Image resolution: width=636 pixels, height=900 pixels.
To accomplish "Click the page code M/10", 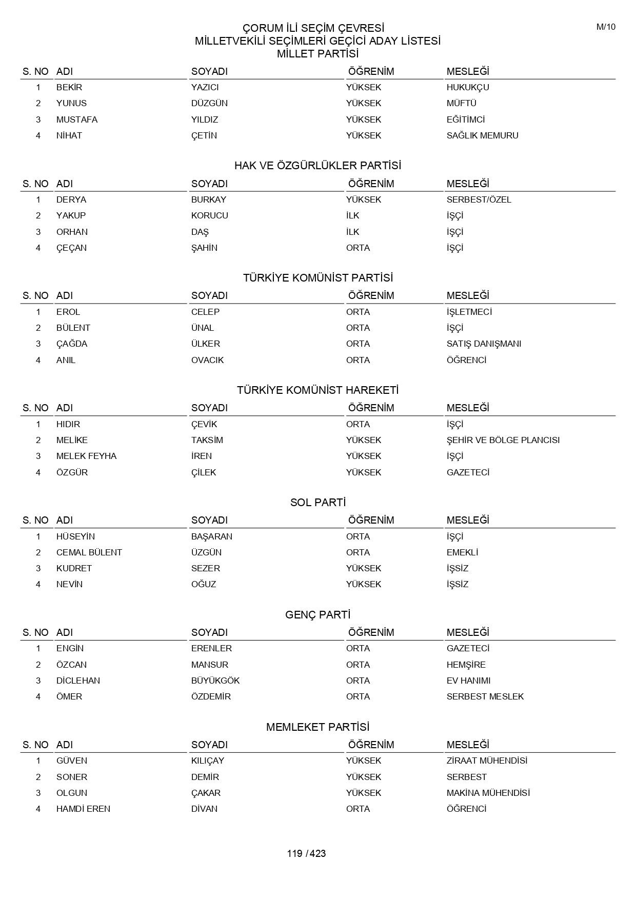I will [x=606, y=27].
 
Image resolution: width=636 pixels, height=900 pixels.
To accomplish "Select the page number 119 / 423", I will [x=306, y=853].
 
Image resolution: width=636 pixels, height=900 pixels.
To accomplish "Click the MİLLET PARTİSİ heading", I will [x=317, y=54].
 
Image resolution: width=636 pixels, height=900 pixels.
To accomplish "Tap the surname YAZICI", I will [x=205, y=87].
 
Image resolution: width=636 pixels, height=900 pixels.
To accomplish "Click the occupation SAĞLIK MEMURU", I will [x=482, y=135].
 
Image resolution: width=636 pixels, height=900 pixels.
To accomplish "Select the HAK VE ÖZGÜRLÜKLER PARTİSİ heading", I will [x=317, y=166].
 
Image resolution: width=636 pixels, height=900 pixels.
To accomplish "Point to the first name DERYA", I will [x=71, y=199].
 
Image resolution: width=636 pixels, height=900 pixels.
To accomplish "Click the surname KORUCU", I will [x=209, y=215].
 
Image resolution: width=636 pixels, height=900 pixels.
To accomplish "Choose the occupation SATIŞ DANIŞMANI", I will [x=484, y=344].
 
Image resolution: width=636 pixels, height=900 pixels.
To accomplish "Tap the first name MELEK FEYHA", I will [x=86, y=456].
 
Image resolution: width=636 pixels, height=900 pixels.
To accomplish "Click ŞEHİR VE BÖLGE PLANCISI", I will [x=503, y=440].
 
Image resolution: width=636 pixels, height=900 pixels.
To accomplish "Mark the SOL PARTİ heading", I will [x=317, y=503].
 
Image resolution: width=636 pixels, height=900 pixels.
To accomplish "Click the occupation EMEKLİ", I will [x=462, y=552].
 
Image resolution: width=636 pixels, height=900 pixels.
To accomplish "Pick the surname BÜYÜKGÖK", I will [x=215, y=681].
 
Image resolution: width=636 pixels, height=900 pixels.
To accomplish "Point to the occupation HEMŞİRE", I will [x=466, y=665].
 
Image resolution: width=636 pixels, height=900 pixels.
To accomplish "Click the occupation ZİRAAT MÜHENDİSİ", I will [x=487, y=761].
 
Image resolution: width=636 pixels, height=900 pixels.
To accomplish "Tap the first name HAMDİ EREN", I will [x=83, y=809].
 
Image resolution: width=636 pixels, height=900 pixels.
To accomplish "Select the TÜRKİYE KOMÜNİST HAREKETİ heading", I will [x=317, y=390].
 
